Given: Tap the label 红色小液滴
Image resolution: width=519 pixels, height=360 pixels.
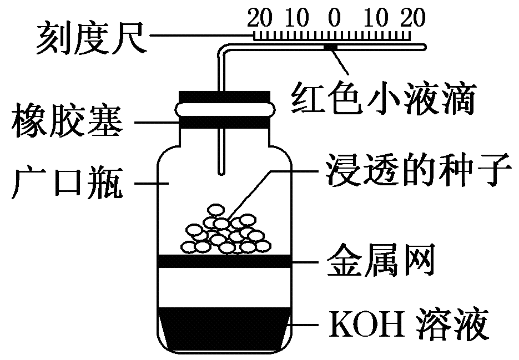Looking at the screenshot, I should click(383, 98).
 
